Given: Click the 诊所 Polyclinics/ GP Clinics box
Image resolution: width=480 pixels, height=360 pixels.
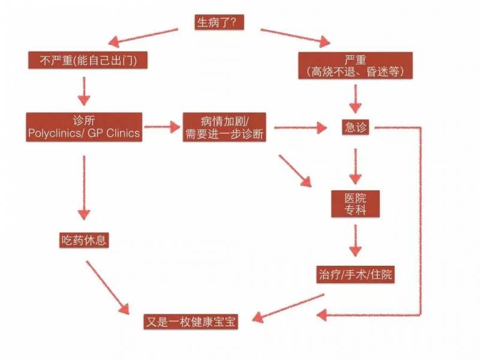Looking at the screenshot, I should click(85, 127).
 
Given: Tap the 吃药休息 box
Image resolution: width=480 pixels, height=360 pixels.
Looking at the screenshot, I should click(84, 241).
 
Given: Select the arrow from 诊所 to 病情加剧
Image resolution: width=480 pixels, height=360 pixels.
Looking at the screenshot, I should click(163, 127).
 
